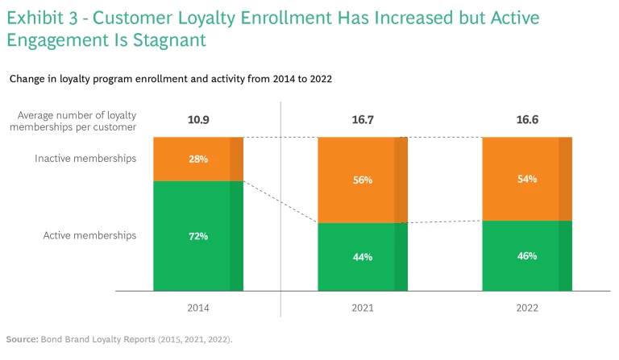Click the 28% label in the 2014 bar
[198, 159]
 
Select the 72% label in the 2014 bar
[198, 236]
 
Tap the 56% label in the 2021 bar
[362, 180]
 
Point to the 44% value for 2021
[362, 257]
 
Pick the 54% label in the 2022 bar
[527, 179]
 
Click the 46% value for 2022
[527, 256]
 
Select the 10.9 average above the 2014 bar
[198, 121]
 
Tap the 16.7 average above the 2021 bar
[362, 121]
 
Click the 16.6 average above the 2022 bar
[527, 121]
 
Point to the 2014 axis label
[198, 308]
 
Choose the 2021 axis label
[362, 308]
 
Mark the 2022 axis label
[527, 308]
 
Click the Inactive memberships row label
[85, 159]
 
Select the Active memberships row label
[89, 236]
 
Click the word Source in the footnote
[22, 339]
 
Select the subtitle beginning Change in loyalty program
[170, 79]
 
